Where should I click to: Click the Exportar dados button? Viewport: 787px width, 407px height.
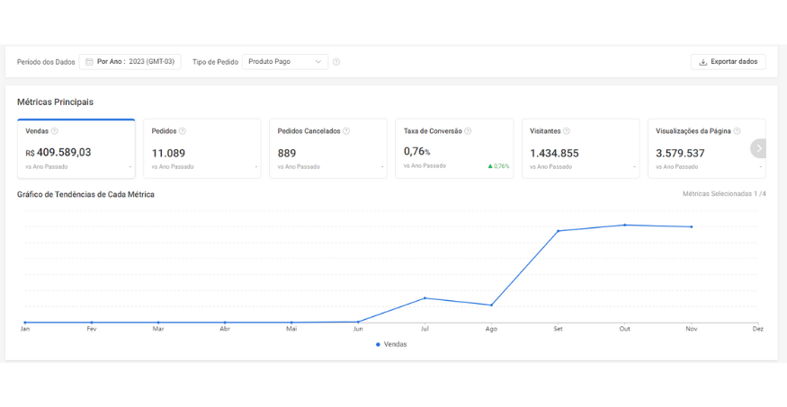point(729,62)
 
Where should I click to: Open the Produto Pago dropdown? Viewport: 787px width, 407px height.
point(285,62)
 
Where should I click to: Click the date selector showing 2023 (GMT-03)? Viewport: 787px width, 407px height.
point(130,62)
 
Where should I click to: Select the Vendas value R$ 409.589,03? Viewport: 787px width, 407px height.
point(58,153)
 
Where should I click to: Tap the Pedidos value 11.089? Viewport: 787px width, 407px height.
point(168,153)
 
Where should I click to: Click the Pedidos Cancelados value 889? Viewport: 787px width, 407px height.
point(287,153)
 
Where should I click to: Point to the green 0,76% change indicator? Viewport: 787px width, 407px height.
point(498,166)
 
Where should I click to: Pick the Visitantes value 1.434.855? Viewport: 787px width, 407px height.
point(554,153)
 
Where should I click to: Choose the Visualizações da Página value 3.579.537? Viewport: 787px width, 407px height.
point(680,153)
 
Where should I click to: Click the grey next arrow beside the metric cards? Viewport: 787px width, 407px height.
point(758,148)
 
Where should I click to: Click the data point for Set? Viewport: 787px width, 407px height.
point(559,231)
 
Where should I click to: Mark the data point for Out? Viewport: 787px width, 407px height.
point(625,225)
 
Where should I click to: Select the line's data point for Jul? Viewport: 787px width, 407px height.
point(425,298)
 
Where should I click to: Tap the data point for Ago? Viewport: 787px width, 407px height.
point(491,305)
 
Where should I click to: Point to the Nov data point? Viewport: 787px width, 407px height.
point(692,227)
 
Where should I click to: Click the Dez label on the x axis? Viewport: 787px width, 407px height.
point(758,329)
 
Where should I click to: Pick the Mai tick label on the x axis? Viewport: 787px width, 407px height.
point(291,329)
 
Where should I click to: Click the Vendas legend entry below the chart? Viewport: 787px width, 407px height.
point(391,344)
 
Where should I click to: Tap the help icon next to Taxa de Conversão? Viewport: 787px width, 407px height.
point(468,131)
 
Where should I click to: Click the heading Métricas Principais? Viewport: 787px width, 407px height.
point(55,102)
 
